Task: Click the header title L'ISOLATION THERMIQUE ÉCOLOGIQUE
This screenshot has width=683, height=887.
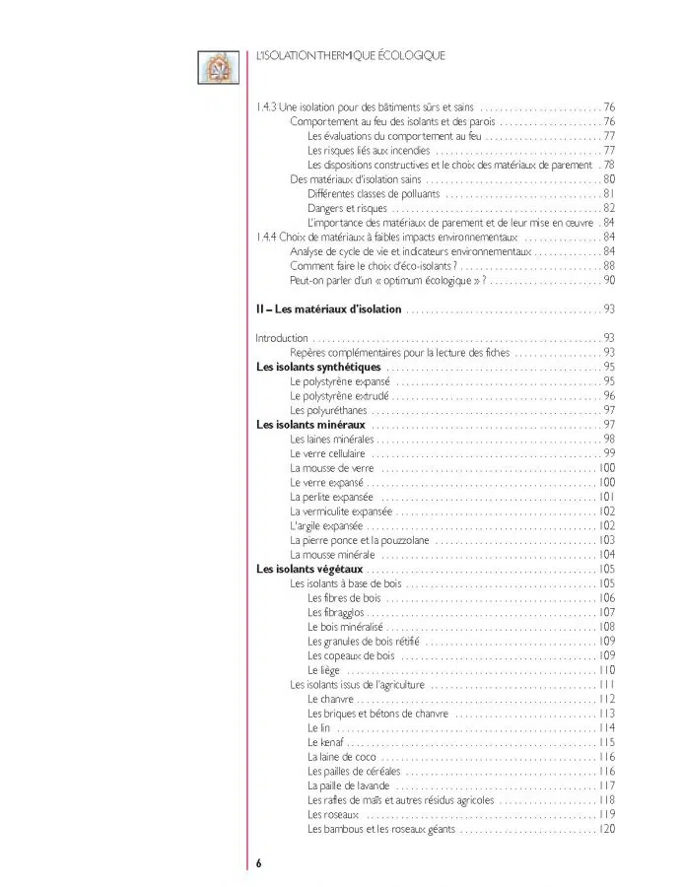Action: click(350, 56)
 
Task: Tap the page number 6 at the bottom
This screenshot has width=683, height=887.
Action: click(259, 862)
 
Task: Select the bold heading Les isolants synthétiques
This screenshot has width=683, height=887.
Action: click(318, 368)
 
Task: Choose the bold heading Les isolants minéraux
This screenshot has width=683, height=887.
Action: click(310, 425)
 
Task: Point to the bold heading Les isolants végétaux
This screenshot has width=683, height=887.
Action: click(309, 569)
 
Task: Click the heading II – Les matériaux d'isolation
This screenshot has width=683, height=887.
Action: click(328, 309)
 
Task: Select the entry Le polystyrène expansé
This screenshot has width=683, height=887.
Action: click(340, 381)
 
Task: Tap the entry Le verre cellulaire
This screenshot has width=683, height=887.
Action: click(331, 453)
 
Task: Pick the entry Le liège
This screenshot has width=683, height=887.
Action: click(324, 669)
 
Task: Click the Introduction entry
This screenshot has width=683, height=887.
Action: click(282, 338)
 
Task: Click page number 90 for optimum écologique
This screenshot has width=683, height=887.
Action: click(609, 280)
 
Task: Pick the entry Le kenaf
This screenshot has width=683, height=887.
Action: click(325, 742)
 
